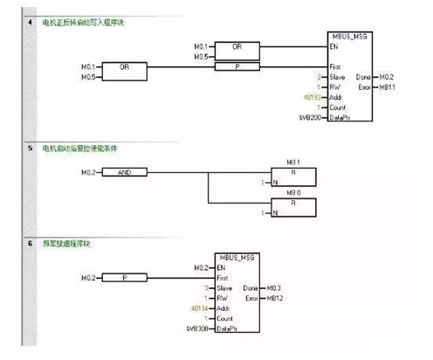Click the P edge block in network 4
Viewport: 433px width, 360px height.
tap(239, 66)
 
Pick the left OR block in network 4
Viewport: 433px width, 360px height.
tap(125, 66)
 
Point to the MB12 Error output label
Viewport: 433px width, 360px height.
tap(277, 298)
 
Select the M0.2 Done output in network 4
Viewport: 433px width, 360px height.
tap(385, 76)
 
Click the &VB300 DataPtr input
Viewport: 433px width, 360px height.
tap(198, 329)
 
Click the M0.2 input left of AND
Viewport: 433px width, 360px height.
tap(89, 172)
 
